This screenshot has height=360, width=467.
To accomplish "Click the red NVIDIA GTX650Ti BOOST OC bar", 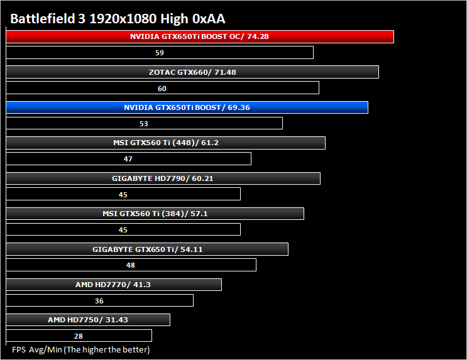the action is point(200,36).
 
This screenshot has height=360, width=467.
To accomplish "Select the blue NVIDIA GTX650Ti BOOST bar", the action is point(187,107).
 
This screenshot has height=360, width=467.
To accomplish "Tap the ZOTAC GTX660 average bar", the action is point(192,72).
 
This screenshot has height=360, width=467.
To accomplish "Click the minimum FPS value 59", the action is point(160,53).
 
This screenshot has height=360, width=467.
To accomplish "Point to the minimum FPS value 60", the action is point(162,89).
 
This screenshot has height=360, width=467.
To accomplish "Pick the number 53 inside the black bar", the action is point(144,124).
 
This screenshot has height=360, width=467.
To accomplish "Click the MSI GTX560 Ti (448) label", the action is point(166,143).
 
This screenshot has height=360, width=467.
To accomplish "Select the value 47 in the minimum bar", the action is point(128,159).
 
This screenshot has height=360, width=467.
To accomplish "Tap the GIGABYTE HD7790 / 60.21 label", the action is point(163,178).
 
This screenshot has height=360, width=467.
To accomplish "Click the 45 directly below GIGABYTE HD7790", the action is point(123,195).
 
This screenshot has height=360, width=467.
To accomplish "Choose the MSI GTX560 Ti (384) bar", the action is point(155,214).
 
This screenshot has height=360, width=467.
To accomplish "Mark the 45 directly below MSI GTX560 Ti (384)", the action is point(123,230).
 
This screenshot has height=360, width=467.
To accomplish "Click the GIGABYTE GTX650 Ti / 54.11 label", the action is point(148,249).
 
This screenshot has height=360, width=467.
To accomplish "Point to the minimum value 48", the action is point(131,265).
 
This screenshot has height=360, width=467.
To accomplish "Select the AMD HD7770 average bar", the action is point(114,285).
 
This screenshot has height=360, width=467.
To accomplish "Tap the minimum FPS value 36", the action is point(99,301).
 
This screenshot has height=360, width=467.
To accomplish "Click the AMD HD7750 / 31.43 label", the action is point(88,320).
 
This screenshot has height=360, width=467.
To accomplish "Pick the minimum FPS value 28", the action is point(79,336).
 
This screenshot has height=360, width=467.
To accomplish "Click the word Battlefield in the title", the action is point(43,18).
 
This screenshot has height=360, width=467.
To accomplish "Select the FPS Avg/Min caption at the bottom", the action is point(80,349).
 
